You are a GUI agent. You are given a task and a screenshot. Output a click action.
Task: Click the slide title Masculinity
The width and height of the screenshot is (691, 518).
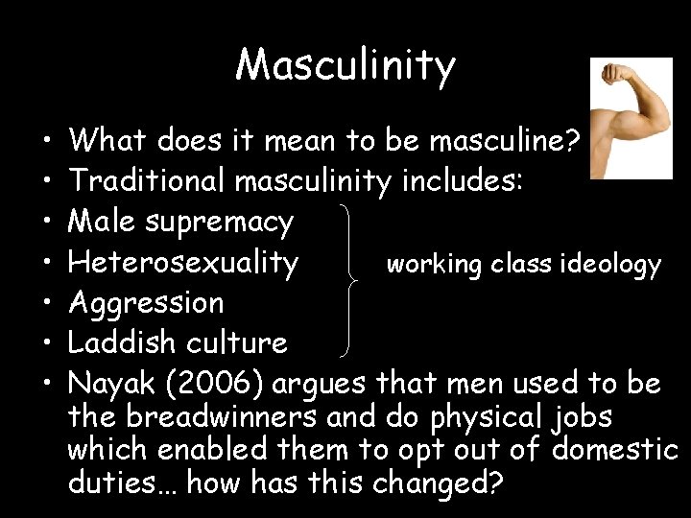pyautogui.click(x=345, y=65)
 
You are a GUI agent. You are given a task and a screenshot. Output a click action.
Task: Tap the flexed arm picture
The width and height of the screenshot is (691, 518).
pyautogui.click(x=631, y=119)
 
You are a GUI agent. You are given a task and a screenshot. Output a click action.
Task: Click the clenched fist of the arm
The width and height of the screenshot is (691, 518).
pyautogui.click(x=611, y=73)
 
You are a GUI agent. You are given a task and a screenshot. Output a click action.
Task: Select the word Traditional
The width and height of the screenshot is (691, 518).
pyautogui.click(x=149, y=181)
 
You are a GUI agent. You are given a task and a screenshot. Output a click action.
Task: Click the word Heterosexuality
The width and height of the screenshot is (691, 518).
pyautogui.click(x=184, y=262)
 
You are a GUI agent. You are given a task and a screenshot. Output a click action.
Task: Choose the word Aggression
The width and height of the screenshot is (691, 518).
pyautogui.click(x=146, y=303)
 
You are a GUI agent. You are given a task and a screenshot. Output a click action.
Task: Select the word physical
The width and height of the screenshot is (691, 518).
pyautogui.click(x=473, y=418)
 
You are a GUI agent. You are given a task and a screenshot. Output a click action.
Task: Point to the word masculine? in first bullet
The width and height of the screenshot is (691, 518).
pyautogui.click(x=505, y=142)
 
